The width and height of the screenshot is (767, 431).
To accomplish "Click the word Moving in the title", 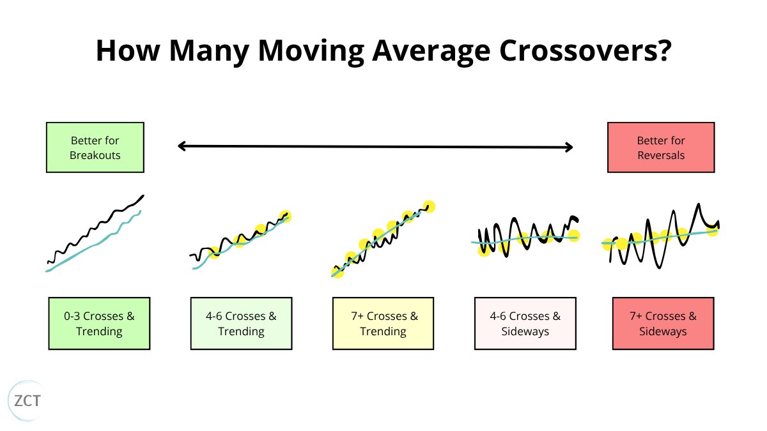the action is coord(311,51).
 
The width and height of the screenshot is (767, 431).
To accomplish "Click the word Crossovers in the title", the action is coord(578,50).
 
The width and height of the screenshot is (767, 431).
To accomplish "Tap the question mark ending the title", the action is coord(665,50).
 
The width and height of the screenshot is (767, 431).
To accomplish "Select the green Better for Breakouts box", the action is coord(95,147).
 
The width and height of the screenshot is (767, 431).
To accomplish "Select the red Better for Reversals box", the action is coord(661,147).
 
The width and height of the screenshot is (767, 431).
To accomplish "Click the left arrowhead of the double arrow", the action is coord(182,146).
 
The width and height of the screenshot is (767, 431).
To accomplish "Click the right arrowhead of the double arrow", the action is coord(569,147).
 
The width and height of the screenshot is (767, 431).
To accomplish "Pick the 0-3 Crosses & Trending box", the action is coord(99,323).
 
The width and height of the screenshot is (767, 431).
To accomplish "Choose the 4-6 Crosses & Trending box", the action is coord(242,323).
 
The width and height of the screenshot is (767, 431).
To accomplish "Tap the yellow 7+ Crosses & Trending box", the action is coord(383,323).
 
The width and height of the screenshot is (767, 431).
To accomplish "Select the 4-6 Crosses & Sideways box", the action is coord(525,323).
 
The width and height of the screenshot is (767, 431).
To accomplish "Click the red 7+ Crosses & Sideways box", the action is coord(663,323).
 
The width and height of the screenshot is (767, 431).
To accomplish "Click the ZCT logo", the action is coord(27,401).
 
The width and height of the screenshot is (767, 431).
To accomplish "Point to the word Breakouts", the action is coord(95,155).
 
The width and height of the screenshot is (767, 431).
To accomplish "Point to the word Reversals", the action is coord(661,155).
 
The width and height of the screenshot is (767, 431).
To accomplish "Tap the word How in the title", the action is coord(128,50).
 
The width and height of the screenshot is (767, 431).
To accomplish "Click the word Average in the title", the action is coord(431,51).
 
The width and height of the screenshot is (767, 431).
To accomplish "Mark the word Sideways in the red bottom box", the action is coord(663,331).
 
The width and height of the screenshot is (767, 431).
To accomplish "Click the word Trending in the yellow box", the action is coord(383,331).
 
